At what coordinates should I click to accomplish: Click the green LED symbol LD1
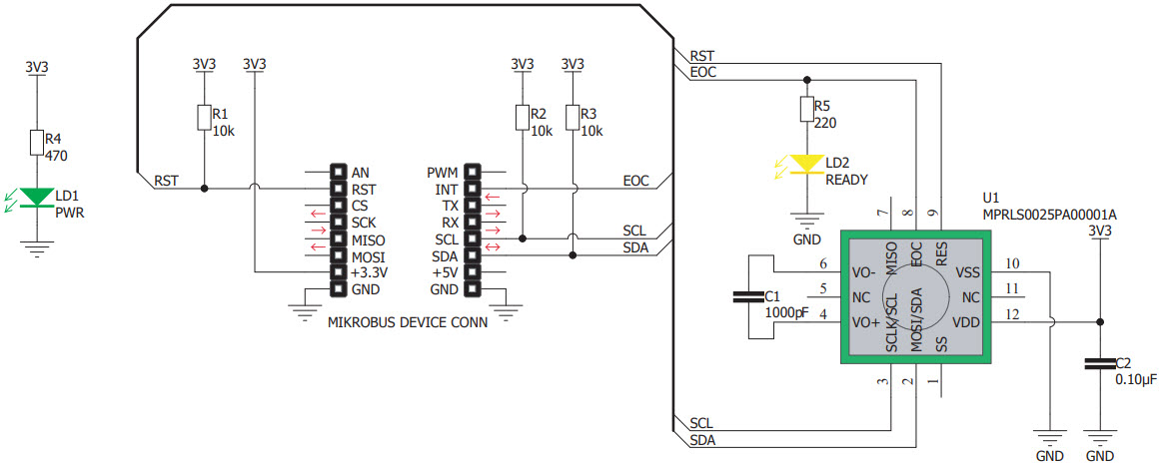click(37, 198)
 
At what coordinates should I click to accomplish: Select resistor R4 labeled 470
click(37, 143)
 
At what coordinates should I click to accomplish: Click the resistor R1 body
click(204, 118)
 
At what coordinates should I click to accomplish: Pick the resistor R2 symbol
click(522, 118)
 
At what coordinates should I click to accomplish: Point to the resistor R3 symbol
click(573, 118)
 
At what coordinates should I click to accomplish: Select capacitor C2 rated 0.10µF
click(1099, 365)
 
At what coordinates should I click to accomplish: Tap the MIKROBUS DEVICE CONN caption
click(408, 322)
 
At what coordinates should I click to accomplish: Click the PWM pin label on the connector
click(442, 172)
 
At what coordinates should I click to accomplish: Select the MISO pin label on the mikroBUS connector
click(367, 239)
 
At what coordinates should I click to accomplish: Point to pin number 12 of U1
click(1012, 315)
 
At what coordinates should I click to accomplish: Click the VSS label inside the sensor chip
click(968, 272)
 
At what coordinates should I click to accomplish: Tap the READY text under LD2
click(846, 180)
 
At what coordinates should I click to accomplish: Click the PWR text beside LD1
click(69, 212)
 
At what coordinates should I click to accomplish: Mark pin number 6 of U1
click(823, 264)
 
